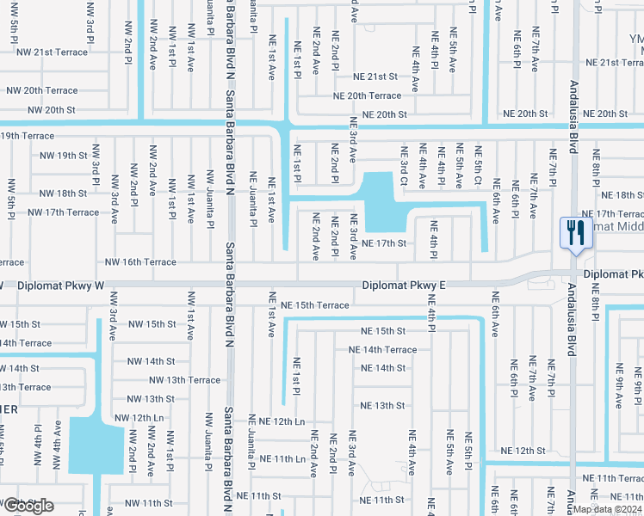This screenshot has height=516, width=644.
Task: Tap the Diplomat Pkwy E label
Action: tap(404, 285)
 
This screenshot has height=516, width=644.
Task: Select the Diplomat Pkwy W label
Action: tap(60, 285)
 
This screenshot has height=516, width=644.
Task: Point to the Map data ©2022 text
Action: tap(608, 508)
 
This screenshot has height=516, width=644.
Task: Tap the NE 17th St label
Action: tap(383, 243)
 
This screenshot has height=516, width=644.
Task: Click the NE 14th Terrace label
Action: tap(382, 350)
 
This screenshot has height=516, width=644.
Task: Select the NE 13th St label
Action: tap(382, 405)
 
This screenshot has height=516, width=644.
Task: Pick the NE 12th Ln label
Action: tap(276, 421)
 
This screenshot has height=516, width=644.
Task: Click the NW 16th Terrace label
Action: tap(140, 261)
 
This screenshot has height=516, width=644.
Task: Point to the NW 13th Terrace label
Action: tap(184, 379)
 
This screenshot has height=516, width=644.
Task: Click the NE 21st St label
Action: tap(380, 77)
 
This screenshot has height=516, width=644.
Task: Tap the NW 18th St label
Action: tap(59, 193)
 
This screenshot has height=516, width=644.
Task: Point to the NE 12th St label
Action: tap(523, 451)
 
